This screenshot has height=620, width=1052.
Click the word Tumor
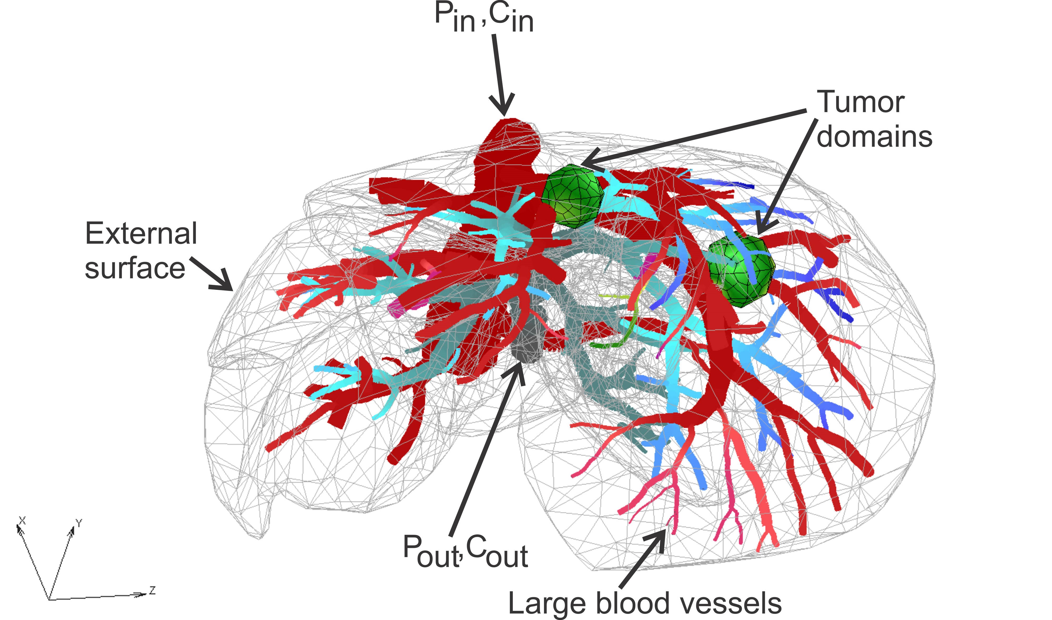click(x=860, y=102)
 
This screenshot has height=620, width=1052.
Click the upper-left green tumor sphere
click(x=573, y=196)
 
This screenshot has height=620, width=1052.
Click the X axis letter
click(x=22, y=520)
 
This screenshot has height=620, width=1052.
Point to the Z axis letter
click(x=153, y=590)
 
